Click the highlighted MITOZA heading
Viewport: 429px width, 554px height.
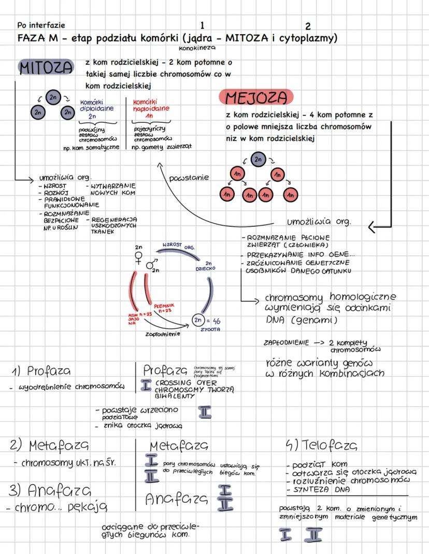pyautogui.click(x=45, y=68)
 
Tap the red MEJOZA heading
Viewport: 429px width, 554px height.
pyautogui.click(x=256, y=97)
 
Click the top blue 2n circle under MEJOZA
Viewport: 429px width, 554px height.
pyautogui.click(x=258, y=159)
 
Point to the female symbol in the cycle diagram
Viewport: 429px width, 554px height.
pyautogui.click(x=138, y=258)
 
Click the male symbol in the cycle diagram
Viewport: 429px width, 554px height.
pyautogui.click(x=151, y=264)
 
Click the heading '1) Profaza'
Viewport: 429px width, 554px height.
pyautogui.click(x=41, y=371)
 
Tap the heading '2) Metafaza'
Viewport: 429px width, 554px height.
pyautogui.click(x=49, y=445)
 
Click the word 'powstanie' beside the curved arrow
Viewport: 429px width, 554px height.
pyautogui.click(x=189, y=178)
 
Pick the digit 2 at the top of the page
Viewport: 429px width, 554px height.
pyautogui.click(x=308, y=26)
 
